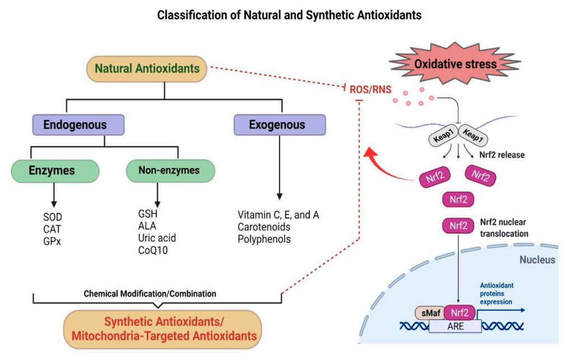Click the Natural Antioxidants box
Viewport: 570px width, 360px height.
click(x=146, y=69)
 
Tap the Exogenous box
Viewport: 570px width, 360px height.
click(x=279, y=125)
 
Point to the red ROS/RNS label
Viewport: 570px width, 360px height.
click(x=369, y=88)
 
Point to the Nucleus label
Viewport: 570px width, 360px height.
click(x=536, y=259)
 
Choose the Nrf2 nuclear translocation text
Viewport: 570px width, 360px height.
click(x=503, y=228)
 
